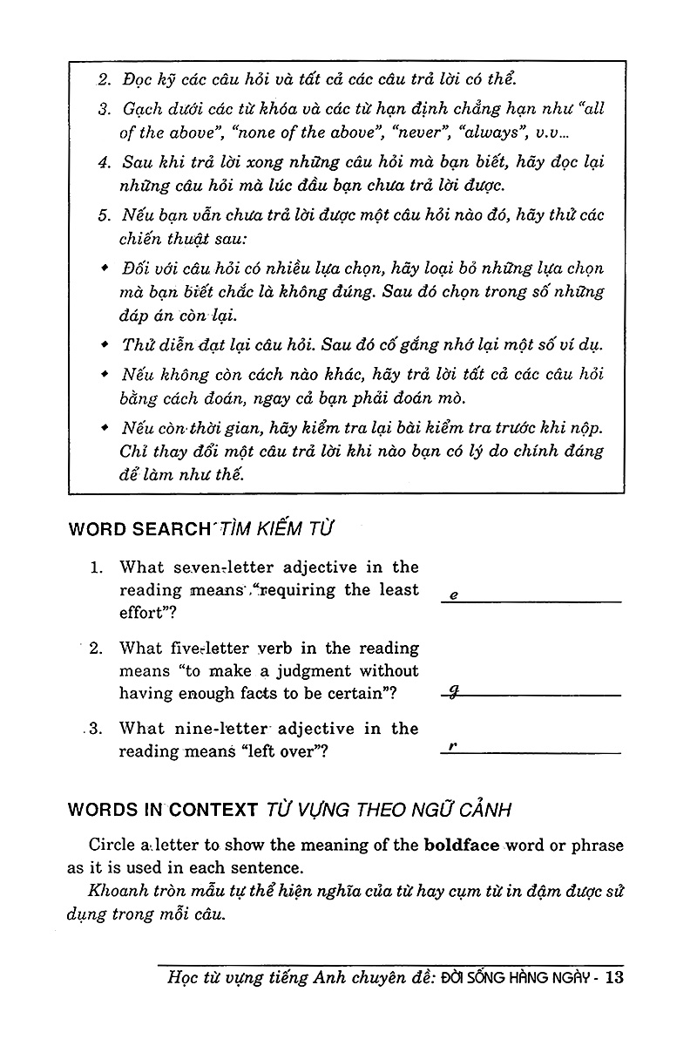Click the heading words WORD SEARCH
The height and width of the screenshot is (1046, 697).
tap(139, 528)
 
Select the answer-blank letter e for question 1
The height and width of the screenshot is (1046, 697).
tap(454, 595)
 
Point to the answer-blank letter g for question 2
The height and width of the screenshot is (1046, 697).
tap(454, 691)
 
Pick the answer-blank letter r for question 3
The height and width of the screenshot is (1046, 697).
tap(453, 747)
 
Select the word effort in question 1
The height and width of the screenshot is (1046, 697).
tap(142, 612)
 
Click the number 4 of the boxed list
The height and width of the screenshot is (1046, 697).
tap(103, 163)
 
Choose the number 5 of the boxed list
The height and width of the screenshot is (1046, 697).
tap(103, 215)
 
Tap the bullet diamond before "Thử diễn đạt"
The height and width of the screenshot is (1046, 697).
tap(105, 343)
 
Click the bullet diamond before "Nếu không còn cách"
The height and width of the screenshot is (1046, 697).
tap(105, 374)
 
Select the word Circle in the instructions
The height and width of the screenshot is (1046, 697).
tap(113, 846)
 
